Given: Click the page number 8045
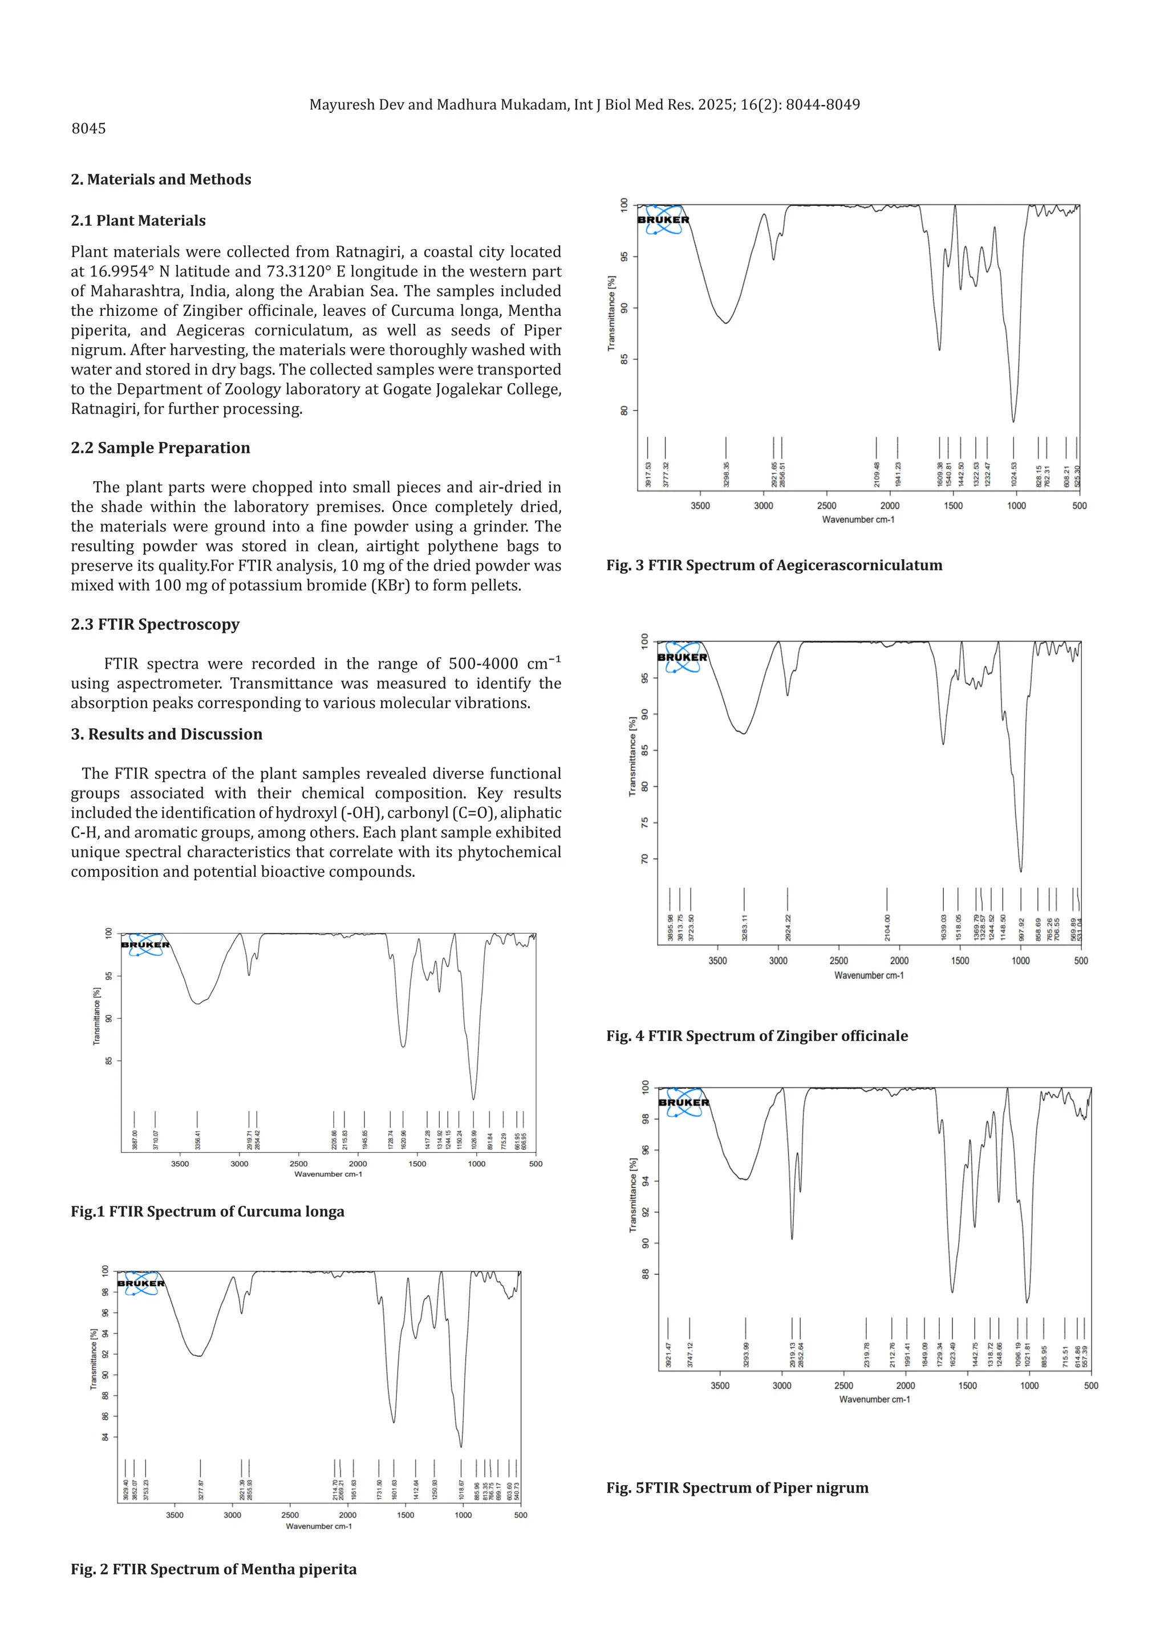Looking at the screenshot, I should coord(88,129).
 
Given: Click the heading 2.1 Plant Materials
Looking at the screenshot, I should coord(138,221).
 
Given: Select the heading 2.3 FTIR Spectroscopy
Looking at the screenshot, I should coord(155,624).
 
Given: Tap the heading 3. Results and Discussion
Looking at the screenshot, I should coord(166,734).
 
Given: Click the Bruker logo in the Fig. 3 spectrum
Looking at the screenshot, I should coord(663,220).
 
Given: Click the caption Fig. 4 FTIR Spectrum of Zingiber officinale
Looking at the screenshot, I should coord(757,1035).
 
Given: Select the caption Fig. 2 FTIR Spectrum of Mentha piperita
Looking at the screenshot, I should coord(214,1569).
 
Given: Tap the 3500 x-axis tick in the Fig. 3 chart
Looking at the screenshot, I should coord(700,506).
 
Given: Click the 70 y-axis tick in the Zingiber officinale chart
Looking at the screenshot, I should coord(645,859).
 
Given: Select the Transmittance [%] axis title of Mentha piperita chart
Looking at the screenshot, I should coord(94,1359).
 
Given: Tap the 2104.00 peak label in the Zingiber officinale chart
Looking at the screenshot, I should coord(887,928).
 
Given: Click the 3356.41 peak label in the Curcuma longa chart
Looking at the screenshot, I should coord(198,1140).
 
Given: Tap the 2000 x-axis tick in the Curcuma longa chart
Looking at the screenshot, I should coord(358,1164).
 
